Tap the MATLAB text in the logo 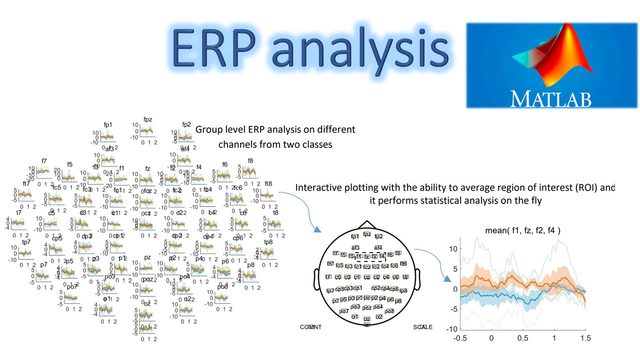point(550,98)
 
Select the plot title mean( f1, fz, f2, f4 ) point(522,230)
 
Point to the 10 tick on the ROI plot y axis point(453,248)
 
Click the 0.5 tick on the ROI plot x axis point(522,338)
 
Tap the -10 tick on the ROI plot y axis point(452,329)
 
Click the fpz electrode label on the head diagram point(367,234)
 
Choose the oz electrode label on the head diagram point(367,318)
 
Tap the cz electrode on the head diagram point(367,277)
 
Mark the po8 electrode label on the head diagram point(389,311)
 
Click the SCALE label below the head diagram point(422,327)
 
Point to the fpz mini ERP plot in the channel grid point(146,131)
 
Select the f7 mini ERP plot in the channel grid point(43,172)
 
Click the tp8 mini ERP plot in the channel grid point(268,252)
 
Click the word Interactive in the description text point(319,188)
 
